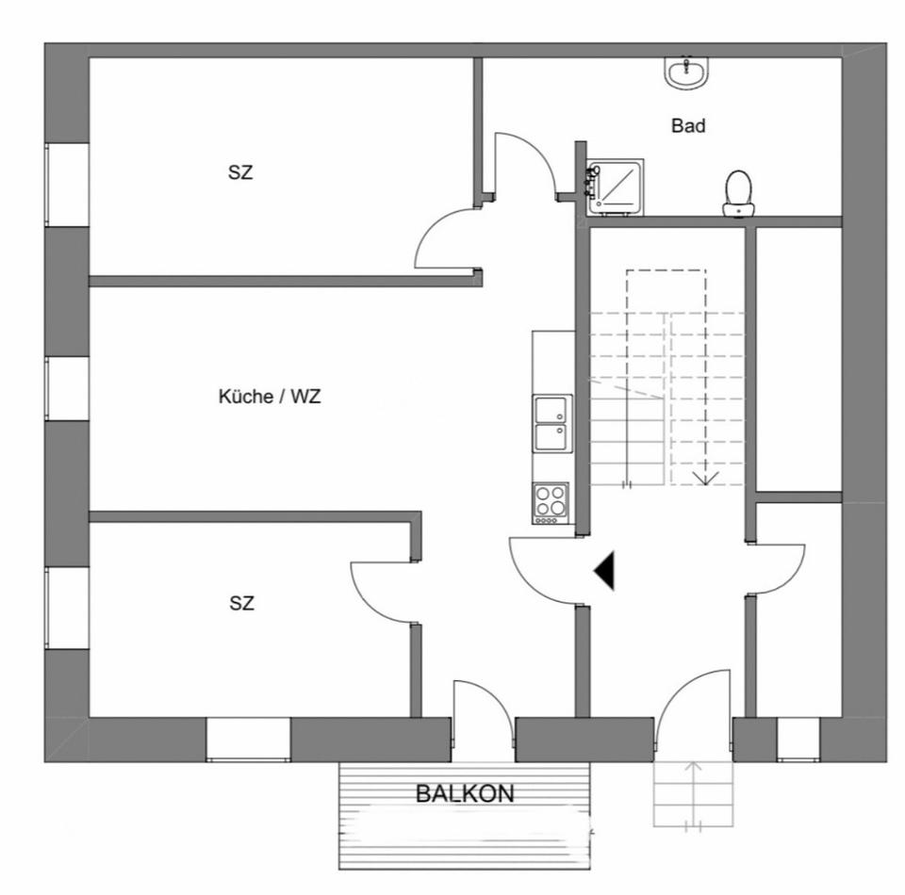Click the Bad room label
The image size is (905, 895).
pyautogui.click(x=688, y=125)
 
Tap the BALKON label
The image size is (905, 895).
pyautogui.click(x=465, y=793)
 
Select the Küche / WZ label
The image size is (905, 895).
pyautogui.click(x=270, y=397)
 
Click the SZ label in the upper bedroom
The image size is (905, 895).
pyautogui.click(x=240, y=172)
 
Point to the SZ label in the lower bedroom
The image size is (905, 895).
pyautogui.click(x=241, y=603)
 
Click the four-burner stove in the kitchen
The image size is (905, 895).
pyautogui.click(x=551, y=502)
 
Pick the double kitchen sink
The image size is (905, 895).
pyautogui.click(x=552, y=423)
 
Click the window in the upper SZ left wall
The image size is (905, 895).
pyautogui.click(x=67, y=184)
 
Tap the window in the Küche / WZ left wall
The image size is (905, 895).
pyautogui.click(x=67, y=388)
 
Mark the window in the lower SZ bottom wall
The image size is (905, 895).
pyautogui.click(x=248, y=740)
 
